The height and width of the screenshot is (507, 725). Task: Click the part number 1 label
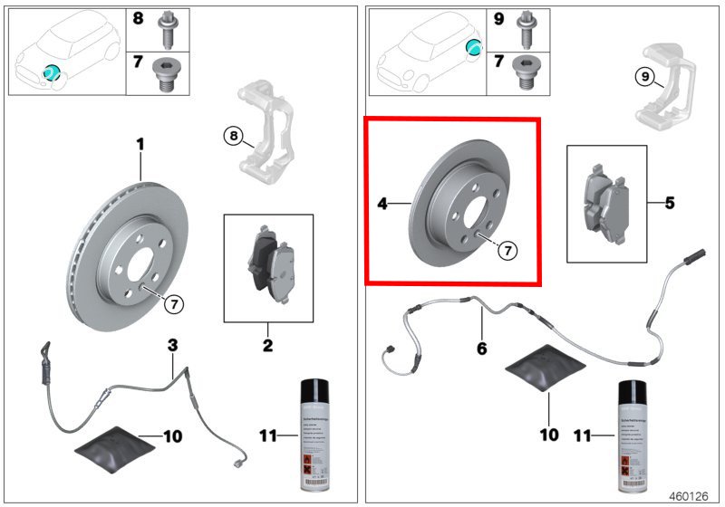140,144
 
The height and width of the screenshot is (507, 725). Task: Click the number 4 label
382,205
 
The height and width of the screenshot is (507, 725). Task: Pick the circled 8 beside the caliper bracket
234,137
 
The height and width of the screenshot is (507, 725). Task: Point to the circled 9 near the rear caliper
643,78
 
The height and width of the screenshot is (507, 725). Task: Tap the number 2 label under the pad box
267,345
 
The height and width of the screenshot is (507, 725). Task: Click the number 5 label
670,203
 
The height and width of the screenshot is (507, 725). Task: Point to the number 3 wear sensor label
171,344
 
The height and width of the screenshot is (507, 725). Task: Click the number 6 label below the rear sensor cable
481,347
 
